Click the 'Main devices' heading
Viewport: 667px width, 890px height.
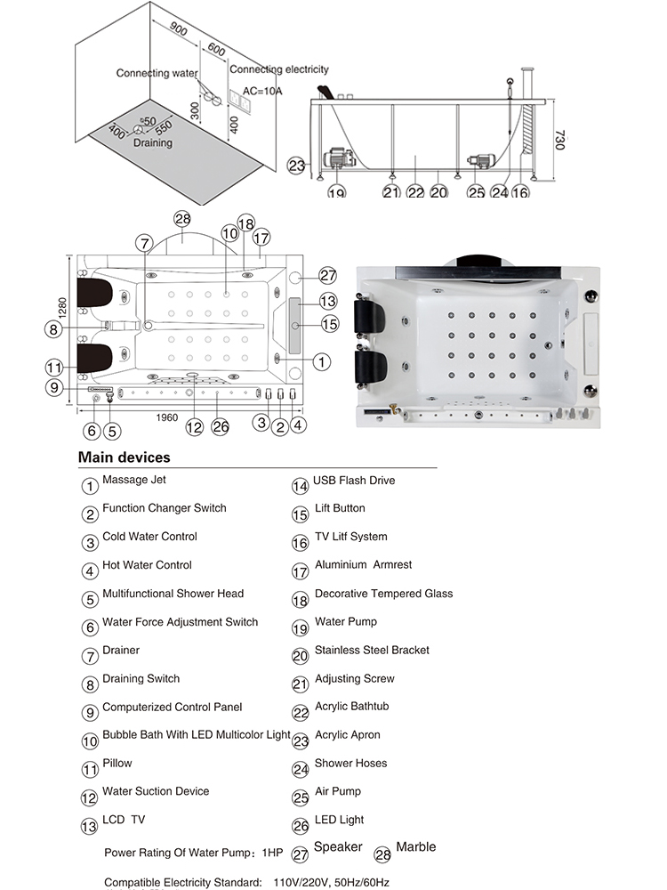tap(124, 457)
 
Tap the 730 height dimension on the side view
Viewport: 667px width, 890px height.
tap(559, 140)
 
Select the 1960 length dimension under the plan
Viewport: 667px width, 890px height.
tap(166, 417)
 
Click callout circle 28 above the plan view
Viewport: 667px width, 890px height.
tap(182, 219)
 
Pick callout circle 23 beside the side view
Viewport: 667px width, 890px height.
tap(297, 165)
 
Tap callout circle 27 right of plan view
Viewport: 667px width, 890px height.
tap(328, 275)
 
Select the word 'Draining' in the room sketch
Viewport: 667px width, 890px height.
tap(153, 142)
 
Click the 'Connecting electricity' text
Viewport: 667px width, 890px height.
tap(279, 69)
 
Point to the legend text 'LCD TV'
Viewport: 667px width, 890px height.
tap(123, 820)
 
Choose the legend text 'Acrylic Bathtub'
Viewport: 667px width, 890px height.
tap(351, 707)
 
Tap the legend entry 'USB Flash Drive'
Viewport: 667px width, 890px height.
tap(354, 481)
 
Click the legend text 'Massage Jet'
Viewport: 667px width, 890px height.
tap(134, 481)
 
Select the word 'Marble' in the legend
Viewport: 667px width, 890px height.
tap(415, 846)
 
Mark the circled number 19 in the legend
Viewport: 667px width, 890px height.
tap(300, 628)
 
